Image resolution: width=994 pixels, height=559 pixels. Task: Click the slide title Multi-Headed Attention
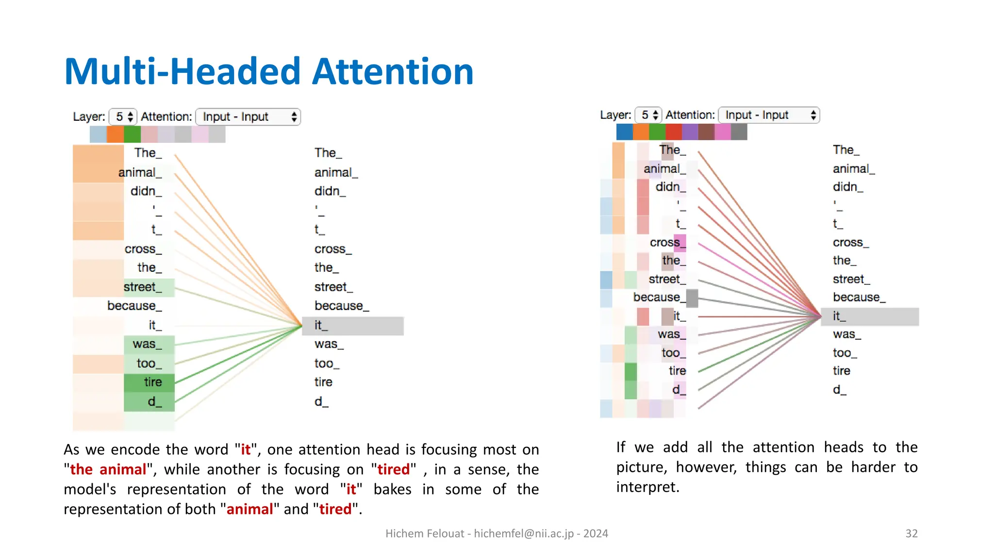pyautogui.click(x=268, y=71)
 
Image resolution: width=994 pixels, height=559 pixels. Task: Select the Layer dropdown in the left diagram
pyautogui.click(x=123, y=117)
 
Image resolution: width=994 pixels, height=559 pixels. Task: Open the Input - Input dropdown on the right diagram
pyautogui.click(x=768, y=115)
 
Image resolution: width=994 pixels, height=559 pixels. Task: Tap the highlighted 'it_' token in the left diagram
pyautogui.click(x=352, y=326)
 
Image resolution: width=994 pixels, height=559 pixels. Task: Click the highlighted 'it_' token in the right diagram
pyautogui.click(x=869, y=316)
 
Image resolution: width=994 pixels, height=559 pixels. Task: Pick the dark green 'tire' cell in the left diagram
pyautogui.click(x=149, y=382)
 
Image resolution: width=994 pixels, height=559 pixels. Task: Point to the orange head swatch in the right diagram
pyautogui.click(x=641, y=132)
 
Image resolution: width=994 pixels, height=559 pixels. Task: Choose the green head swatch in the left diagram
pyautogui.click(x=132, y=134)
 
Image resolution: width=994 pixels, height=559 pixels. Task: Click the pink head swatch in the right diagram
pyautogui.click(x=723, y=132)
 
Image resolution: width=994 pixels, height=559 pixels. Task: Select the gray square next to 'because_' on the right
pyautogui.click(x=692, y=298)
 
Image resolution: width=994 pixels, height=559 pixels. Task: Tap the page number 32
pyautogui.click(x=911, y=533)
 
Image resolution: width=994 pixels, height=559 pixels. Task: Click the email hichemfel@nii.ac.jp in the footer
pyautogui.click(x=523, y=533)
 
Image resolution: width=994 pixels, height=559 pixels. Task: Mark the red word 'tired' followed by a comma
pyautogui.click(x=394, y=469)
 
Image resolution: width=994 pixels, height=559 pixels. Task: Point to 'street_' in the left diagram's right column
pyautogui.click(x=333, y=287)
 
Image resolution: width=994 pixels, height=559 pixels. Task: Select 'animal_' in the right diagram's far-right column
pyautogui.click(x=853, y=169)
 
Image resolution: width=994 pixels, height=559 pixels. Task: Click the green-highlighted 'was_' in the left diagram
pyautogui.click(x=148, y=344)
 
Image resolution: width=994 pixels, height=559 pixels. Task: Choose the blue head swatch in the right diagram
pyautogui.click(x=624, y=132)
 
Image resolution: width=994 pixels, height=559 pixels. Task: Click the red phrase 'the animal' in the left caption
pyautogui.click(x=108, y=469)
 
